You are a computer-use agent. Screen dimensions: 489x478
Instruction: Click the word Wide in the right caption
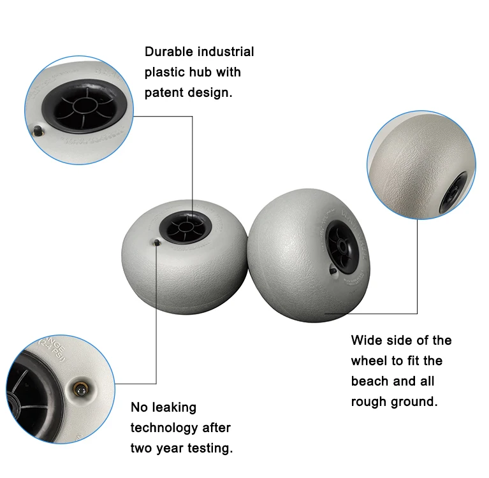pos(367,340)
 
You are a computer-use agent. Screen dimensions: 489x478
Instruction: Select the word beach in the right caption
pos(369,381)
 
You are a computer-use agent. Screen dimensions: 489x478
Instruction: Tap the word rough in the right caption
pos(369,402)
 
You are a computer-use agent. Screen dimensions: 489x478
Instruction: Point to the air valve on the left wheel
pos(156,242)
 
